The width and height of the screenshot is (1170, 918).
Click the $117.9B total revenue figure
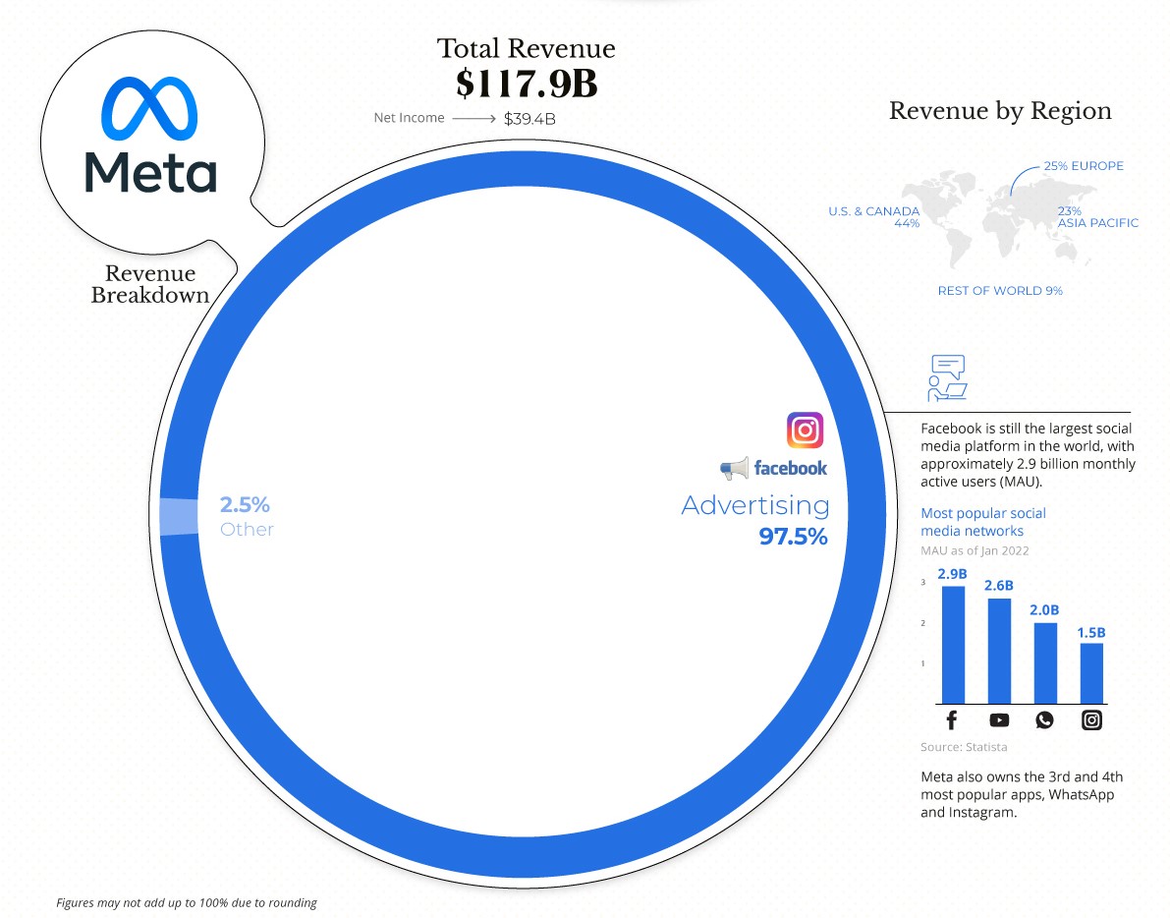pyautogui.click(x=527, y=84)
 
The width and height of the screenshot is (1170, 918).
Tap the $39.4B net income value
pyautogui.click(x=530, y=119)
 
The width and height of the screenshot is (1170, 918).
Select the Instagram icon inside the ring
pyautogui.click(x=805, y=430)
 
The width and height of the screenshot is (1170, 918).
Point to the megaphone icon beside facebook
pyautogui.click(x=734, y=469)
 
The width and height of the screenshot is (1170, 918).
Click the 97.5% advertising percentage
pyautogui.click(x=793, y=537)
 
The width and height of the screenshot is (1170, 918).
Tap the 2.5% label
pyautogui.click(x=245, y=505)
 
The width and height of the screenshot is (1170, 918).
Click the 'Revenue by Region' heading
pyautogui.click(x=1000, y=111)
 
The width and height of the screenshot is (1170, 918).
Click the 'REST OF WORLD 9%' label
pyautogui.click(x=1000, y=291)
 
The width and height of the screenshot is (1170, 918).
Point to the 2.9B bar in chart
pyautogui.click(x=953, y=644)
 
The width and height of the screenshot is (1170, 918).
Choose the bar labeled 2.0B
pyautogui.click(x=1045, y=662)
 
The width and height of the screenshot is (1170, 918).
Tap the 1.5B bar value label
pyautogui.click(x=1090, y=632)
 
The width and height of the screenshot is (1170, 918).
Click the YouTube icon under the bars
pyautogui.click(x=999, y=720)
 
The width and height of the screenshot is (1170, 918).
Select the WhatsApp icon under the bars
pyautogui.click(x=1044, y=720)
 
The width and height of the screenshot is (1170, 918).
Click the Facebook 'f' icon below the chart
pyautogui.click(x=952, y=720)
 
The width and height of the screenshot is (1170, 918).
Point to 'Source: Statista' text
pyautogui.click(x=964, y=747)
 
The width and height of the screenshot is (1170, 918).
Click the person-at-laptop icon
pyautogui.click(x=947, y=378)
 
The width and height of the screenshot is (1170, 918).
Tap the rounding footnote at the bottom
pyautogui.click(x=187, y=902)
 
